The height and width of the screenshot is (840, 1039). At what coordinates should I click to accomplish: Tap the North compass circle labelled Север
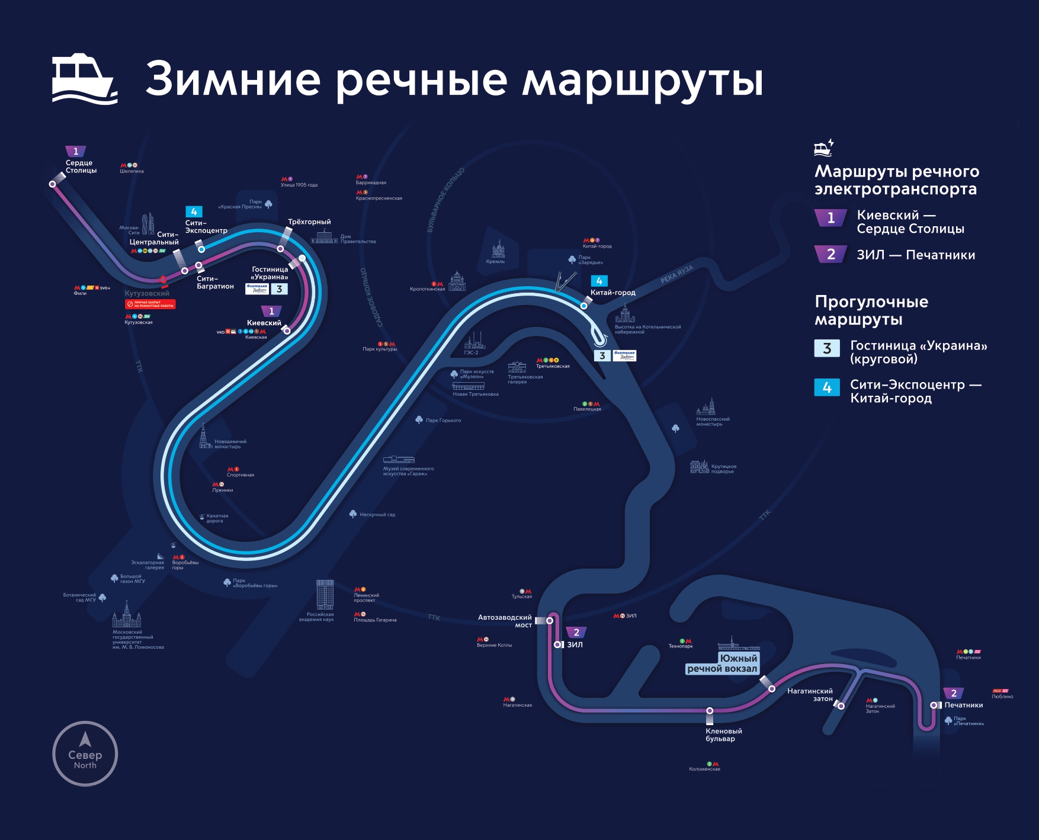pyautogui.click(x=85, y=754)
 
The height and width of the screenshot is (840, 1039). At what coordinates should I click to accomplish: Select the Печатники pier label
pyautogui.click(x=963, y=705)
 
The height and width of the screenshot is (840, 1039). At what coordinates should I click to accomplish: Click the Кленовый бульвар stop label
pyautogui.click(x=723, y=735)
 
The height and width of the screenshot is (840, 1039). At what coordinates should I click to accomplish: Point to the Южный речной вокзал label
pyautogui.click(x=722, y=663)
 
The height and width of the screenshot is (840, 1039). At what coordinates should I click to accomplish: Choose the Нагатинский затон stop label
pyautogui.click(x=810, y=694)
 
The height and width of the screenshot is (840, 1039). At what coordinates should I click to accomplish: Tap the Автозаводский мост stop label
pyautogui.click(x=505, y=621)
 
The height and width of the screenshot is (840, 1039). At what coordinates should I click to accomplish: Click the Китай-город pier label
pyautogui.click(x=613, y=293)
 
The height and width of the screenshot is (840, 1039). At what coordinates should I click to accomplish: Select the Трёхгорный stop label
pyautogui.click(x=309, y=222)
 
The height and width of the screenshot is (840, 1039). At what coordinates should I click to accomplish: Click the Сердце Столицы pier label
pyautogui.click(x=81, y=166)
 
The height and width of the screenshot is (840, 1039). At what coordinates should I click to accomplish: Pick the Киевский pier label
pyautogui.click(x=264, y=323)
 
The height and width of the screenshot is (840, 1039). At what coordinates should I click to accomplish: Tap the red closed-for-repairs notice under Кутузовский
pyautogui.click(x=150, y=304)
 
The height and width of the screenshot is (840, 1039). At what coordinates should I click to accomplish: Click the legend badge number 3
pyautogui.click(x=827, y=348)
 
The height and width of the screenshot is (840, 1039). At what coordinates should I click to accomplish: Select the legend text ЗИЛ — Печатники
pyautogui.click(x=915, y=255)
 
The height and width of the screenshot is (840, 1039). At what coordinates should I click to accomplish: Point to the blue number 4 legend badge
pyautogui.click(x=827, y=387)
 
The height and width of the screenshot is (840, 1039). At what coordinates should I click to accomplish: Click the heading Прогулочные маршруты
pyautogui.click(x=871, y=310)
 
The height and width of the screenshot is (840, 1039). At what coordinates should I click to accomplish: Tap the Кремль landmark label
pyautogui.click(x=495, y=261)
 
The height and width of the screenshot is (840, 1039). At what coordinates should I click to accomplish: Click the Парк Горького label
pyautogui.click(x=442, y=421)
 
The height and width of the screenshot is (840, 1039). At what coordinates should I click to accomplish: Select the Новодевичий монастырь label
pyautogui.click(x=230, y=444)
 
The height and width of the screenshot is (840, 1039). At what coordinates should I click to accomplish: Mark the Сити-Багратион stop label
pyautogui.click(x=215, y=283)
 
